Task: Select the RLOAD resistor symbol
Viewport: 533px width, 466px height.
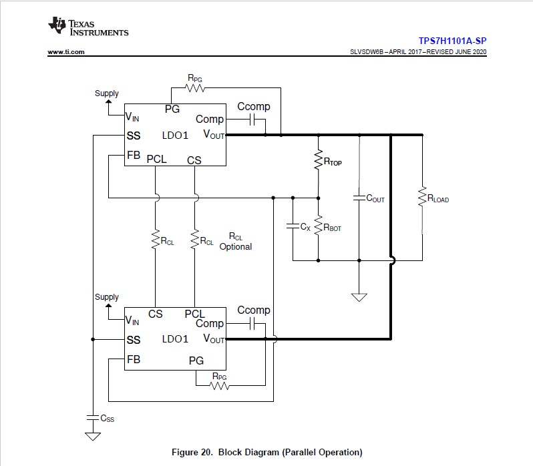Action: click(422, 198)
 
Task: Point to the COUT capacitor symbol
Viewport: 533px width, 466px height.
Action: click(359, 198)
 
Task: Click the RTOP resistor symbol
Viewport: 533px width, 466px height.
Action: click(318, 160)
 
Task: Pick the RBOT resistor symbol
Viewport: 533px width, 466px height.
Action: click(318, 226)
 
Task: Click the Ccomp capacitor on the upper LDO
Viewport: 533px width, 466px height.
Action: click(252, 120)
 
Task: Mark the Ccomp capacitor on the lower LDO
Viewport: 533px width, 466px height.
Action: click(252, 324)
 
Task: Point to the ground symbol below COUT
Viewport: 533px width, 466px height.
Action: click(359, 296)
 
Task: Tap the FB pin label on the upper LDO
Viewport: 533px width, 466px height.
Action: click(134, 155)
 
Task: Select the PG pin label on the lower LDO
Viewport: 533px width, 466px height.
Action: click(196, 361)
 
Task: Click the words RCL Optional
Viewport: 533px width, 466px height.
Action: click(235, 242)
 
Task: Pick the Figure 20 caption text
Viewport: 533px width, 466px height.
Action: click(267, 452)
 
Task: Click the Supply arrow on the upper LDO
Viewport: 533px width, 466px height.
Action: click(107, 105)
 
